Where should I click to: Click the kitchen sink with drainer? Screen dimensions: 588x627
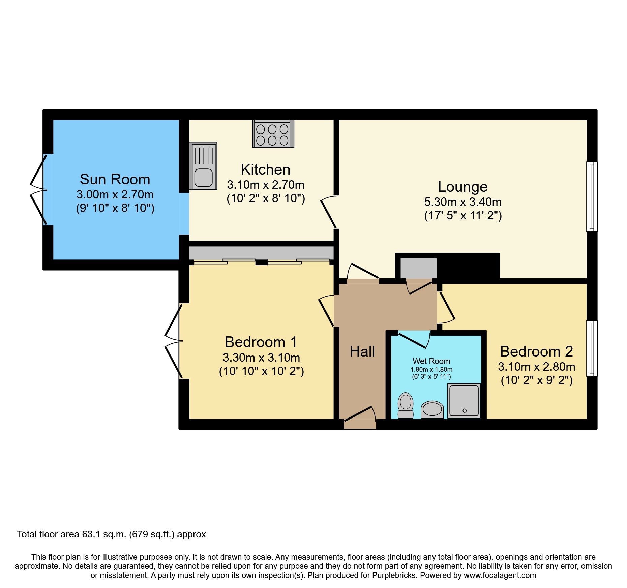[x=203, y=165]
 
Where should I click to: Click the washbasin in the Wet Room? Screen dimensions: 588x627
[x=432, y=409]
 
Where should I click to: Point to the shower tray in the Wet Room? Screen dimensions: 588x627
[x=464, y=401]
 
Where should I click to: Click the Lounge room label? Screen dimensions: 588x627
[x=462, y=187]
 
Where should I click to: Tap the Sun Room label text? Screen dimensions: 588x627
[x=115, y=179]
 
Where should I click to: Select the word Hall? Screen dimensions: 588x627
[x=362, y=351]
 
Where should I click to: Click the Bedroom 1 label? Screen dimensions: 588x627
[x=261, y=342]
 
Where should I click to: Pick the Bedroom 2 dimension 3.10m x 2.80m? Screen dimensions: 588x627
[x=536, y=367]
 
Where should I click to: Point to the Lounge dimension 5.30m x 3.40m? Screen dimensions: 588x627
[x=462, y=202]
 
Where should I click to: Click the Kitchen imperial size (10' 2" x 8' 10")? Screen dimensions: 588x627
[x=266, y=198]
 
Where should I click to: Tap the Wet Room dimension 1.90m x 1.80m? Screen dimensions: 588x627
[x=431, y=370]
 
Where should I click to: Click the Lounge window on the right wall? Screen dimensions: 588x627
[x=592, y=196]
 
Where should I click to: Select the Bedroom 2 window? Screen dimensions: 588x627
[x=592, y=348]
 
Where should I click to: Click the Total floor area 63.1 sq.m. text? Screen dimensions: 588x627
[x=111, y=534]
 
